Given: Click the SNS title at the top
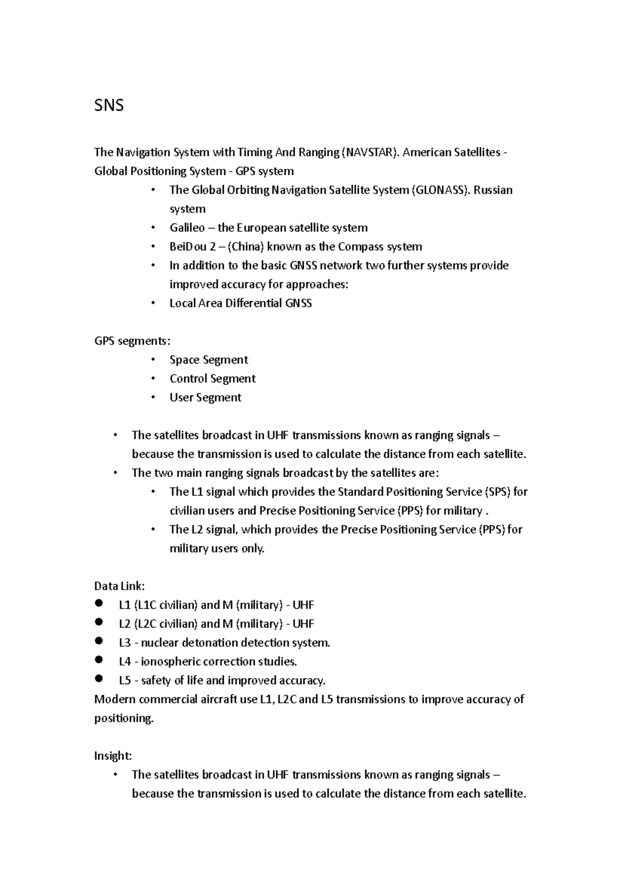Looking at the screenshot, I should tap(109, 106).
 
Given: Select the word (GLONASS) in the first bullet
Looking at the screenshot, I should tap(441, 190).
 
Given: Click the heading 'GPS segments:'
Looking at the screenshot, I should tap(132, 341).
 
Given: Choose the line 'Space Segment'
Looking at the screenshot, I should tap(209, 360).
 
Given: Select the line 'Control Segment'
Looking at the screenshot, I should tap(212, 379).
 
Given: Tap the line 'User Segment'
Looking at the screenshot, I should tap(205, 397).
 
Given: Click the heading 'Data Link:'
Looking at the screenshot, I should tap(119, 586).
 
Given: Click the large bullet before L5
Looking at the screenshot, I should tap(100, 678).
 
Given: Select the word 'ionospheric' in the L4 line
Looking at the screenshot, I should tap(170, 662).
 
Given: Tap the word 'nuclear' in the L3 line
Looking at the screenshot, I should tap(159, 643).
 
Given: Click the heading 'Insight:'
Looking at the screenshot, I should tap(113, 756).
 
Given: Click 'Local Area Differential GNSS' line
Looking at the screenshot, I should tap(240, 303).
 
